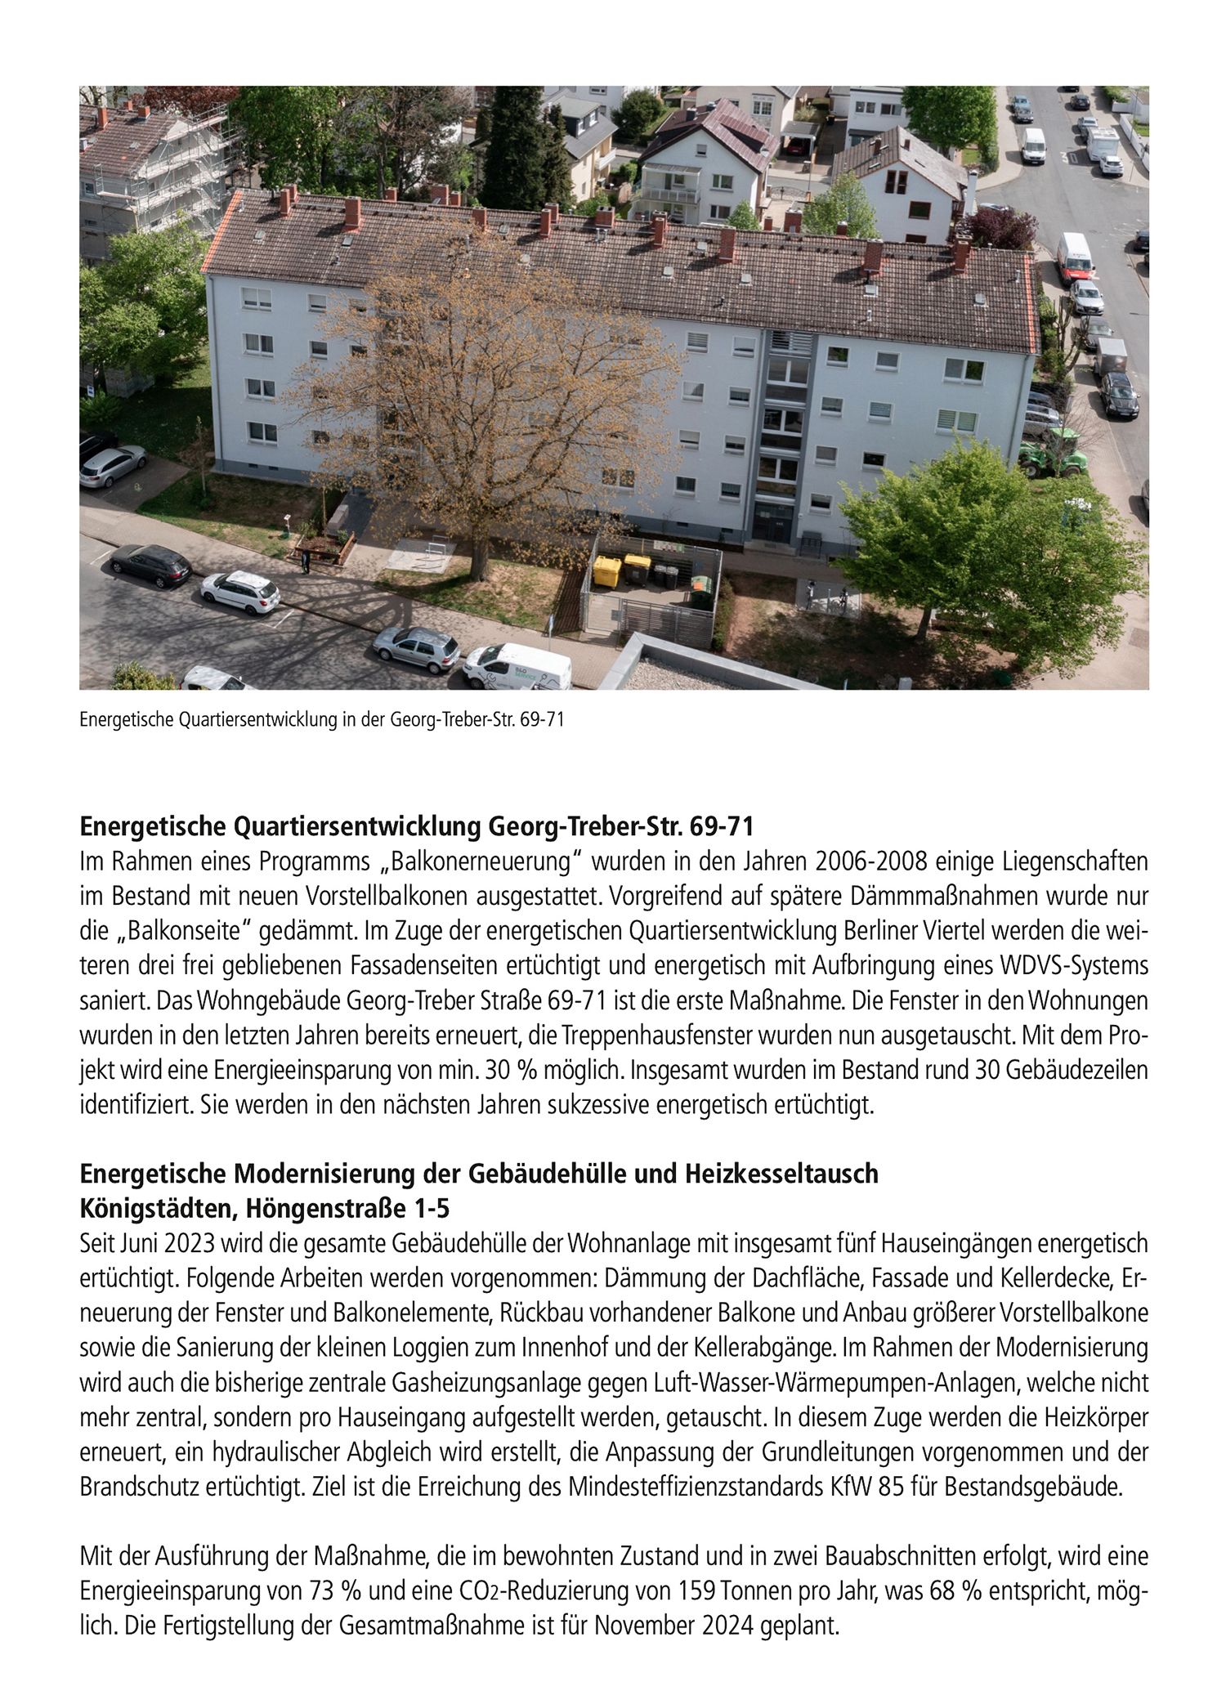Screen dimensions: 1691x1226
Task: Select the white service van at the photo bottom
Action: click(x=517, y=665)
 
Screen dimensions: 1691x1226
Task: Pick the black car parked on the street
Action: click(x=150, y=564)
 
